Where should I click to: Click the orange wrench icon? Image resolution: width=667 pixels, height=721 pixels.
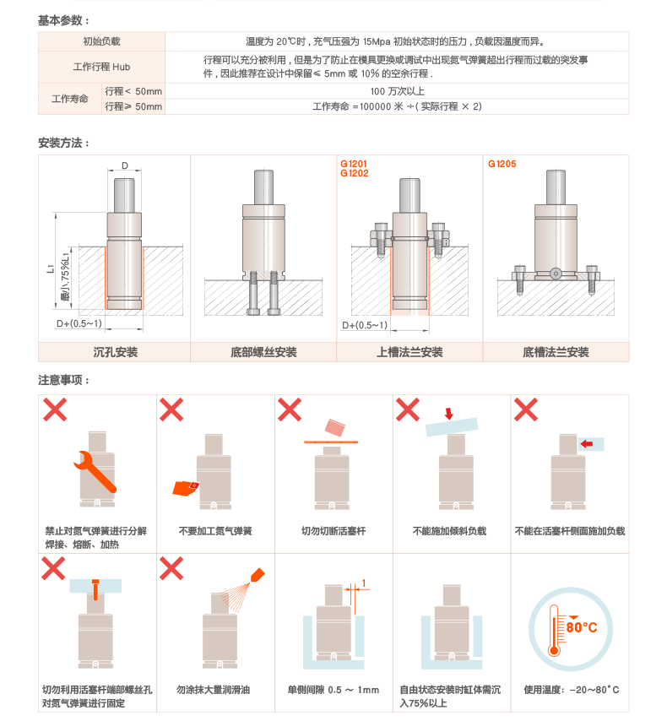click(95, 472)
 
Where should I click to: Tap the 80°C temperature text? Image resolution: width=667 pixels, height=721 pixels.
click(582, 627)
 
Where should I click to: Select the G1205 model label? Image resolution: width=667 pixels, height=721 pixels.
click(502, 164)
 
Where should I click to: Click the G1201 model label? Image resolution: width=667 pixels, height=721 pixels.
click(354, 164)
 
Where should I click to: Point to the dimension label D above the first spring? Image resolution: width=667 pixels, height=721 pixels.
click(125, 165)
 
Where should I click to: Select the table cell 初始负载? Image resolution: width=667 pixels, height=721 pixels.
click(101, 41)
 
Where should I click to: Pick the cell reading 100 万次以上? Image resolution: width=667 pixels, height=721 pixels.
click(397, 91)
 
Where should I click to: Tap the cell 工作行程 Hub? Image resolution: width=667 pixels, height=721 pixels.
click(101, 68)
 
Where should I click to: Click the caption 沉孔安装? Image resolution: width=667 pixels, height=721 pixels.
click(116, 352)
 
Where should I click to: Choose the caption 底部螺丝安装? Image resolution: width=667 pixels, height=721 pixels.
click(263, 352)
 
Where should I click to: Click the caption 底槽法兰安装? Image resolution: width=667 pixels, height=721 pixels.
click(556, 352)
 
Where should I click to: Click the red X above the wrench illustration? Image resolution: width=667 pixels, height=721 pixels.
click(55, 409)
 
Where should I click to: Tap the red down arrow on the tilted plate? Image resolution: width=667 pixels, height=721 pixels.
click(449, 414)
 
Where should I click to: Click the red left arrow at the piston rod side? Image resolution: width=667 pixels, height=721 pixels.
click(587, 444)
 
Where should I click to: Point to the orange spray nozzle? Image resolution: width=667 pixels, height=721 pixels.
click(258, 575)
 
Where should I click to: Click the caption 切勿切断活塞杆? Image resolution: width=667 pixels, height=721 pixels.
click(333, 531)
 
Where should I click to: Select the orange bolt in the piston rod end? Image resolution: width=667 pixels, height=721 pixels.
click(95, 589)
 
